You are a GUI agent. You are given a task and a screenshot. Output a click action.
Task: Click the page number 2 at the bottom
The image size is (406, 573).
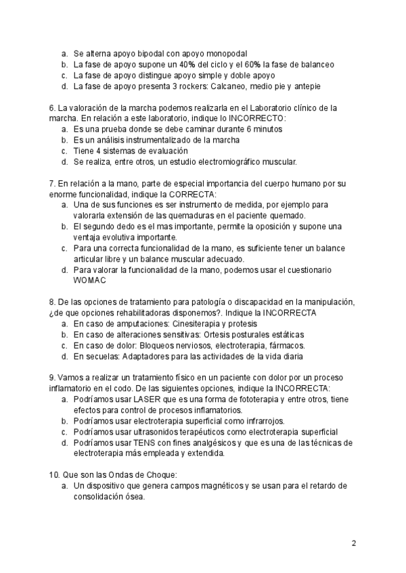click(353, 543)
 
